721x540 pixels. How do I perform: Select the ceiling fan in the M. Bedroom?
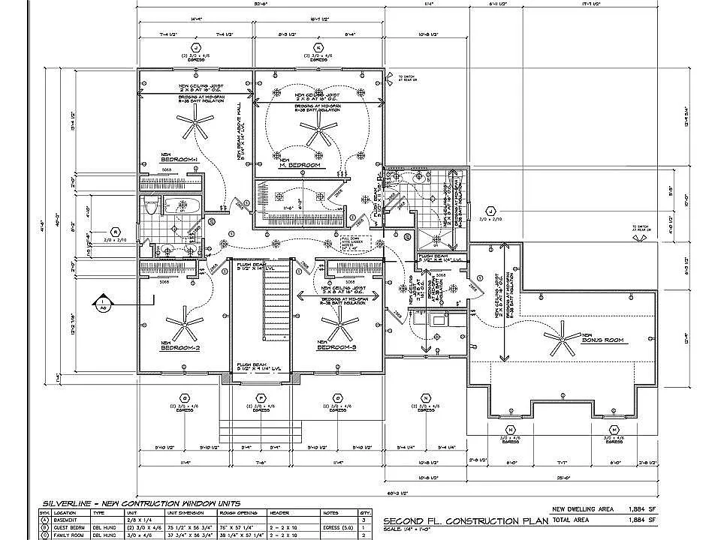pyautogui.click(x=313, y=133)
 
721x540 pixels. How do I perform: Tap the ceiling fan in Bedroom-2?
pyautogui.click(x=184, y=324)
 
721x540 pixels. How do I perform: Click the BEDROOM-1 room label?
pyautogui.click(x=179, y=158)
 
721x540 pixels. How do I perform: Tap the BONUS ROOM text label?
pyautogui.click(x=602, y=340)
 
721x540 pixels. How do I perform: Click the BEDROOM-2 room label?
pyautogui.click(x=179, y=347)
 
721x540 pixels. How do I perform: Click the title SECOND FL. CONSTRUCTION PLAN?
pyautogui.click(x=462, y=520)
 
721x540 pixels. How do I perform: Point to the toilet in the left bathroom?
pyautogui.click(x=151, y=206)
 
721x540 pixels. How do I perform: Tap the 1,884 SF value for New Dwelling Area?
pyautogui.click(x=642, y=507)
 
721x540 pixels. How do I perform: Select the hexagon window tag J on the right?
pyautogui.click(x=490, y=211)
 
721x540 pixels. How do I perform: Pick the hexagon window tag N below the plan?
pyautogui.click(x=426, y=397)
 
